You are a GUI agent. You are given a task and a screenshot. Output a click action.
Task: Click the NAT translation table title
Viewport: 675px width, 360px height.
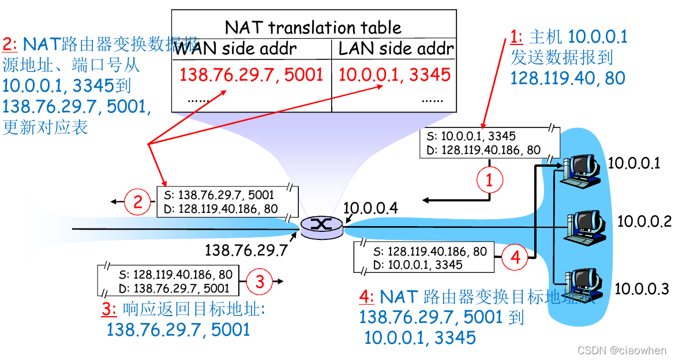tap(313, 27)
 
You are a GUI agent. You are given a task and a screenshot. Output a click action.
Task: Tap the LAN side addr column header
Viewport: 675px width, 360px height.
tap(396, 48)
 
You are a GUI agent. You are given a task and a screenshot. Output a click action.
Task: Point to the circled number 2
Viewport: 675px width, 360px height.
tap(137, 201)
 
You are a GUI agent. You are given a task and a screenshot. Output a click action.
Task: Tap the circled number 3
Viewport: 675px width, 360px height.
tap(260, 282)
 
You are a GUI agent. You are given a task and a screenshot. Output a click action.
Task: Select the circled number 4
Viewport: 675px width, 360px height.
tap(515, 257)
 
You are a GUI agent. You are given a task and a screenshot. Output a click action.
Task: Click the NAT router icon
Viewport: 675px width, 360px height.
tap(321, 226)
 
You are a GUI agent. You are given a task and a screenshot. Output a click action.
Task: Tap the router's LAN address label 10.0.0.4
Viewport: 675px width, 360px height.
tap(370, 208)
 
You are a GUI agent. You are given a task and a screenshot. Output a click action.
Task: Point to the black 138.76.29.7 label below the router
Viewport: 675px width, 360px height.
tap(246, 250)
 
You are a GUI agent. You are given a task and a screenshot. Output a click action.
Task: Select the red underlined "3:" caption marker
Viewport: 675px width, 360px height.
tap(109, 309)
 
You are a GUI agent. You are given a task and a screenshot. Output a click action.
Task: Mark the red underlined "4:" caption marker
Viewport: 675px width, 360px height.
tap(367, 298)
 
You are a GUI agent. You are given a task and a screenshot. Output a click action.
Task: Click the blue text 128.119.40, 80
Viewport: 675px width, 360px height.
tap(568, 78)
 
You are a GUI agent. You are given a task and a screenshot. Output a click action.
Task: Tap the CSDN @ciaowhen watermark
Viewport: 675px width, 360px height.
tap(621, 350)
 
